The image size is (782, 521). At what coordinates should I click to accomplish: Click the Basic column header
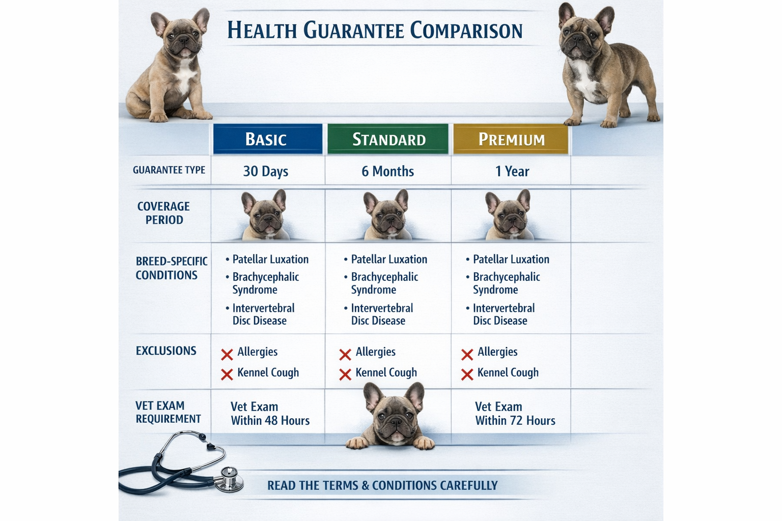pos(267,139)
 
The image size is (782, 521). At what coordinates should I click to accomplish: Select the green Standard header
pos(388,139)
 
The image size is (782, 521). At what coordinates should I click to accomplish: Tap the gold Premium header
pos(511,139)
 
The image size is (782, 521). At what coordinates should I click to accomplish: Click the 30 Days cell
pos(266,171)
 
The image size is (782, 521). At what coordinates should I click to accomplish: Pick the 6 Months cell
pos(387,171)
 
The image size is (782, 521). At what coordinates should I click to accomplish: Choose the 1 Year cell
pos(512,171)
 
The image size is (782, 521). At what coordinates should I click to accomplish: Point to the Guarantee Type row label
pos(169,170)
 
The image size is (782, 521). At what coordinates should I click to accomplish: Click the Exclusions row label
pos(166,351)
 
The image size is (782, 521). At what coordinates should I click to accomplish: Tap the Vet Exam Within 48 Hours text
pos(270,414)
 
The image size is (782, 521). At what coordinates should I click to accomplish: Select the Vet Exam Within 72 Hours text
pos(515,414)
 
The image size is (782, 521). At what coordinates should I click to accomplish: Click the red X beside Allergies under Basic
pos(227,354)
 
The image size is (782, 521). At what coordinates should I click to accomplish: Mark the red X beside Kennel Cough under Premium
pos(467,375)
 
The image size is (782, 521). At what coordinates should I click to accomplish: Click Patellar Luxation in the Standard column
pos(389,259)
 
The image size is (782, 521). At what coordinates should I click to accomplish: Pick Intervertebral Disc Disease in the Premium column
pos(503,314)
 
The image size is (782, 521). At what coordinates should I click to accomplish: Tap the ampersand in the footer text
pos(365,485)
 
